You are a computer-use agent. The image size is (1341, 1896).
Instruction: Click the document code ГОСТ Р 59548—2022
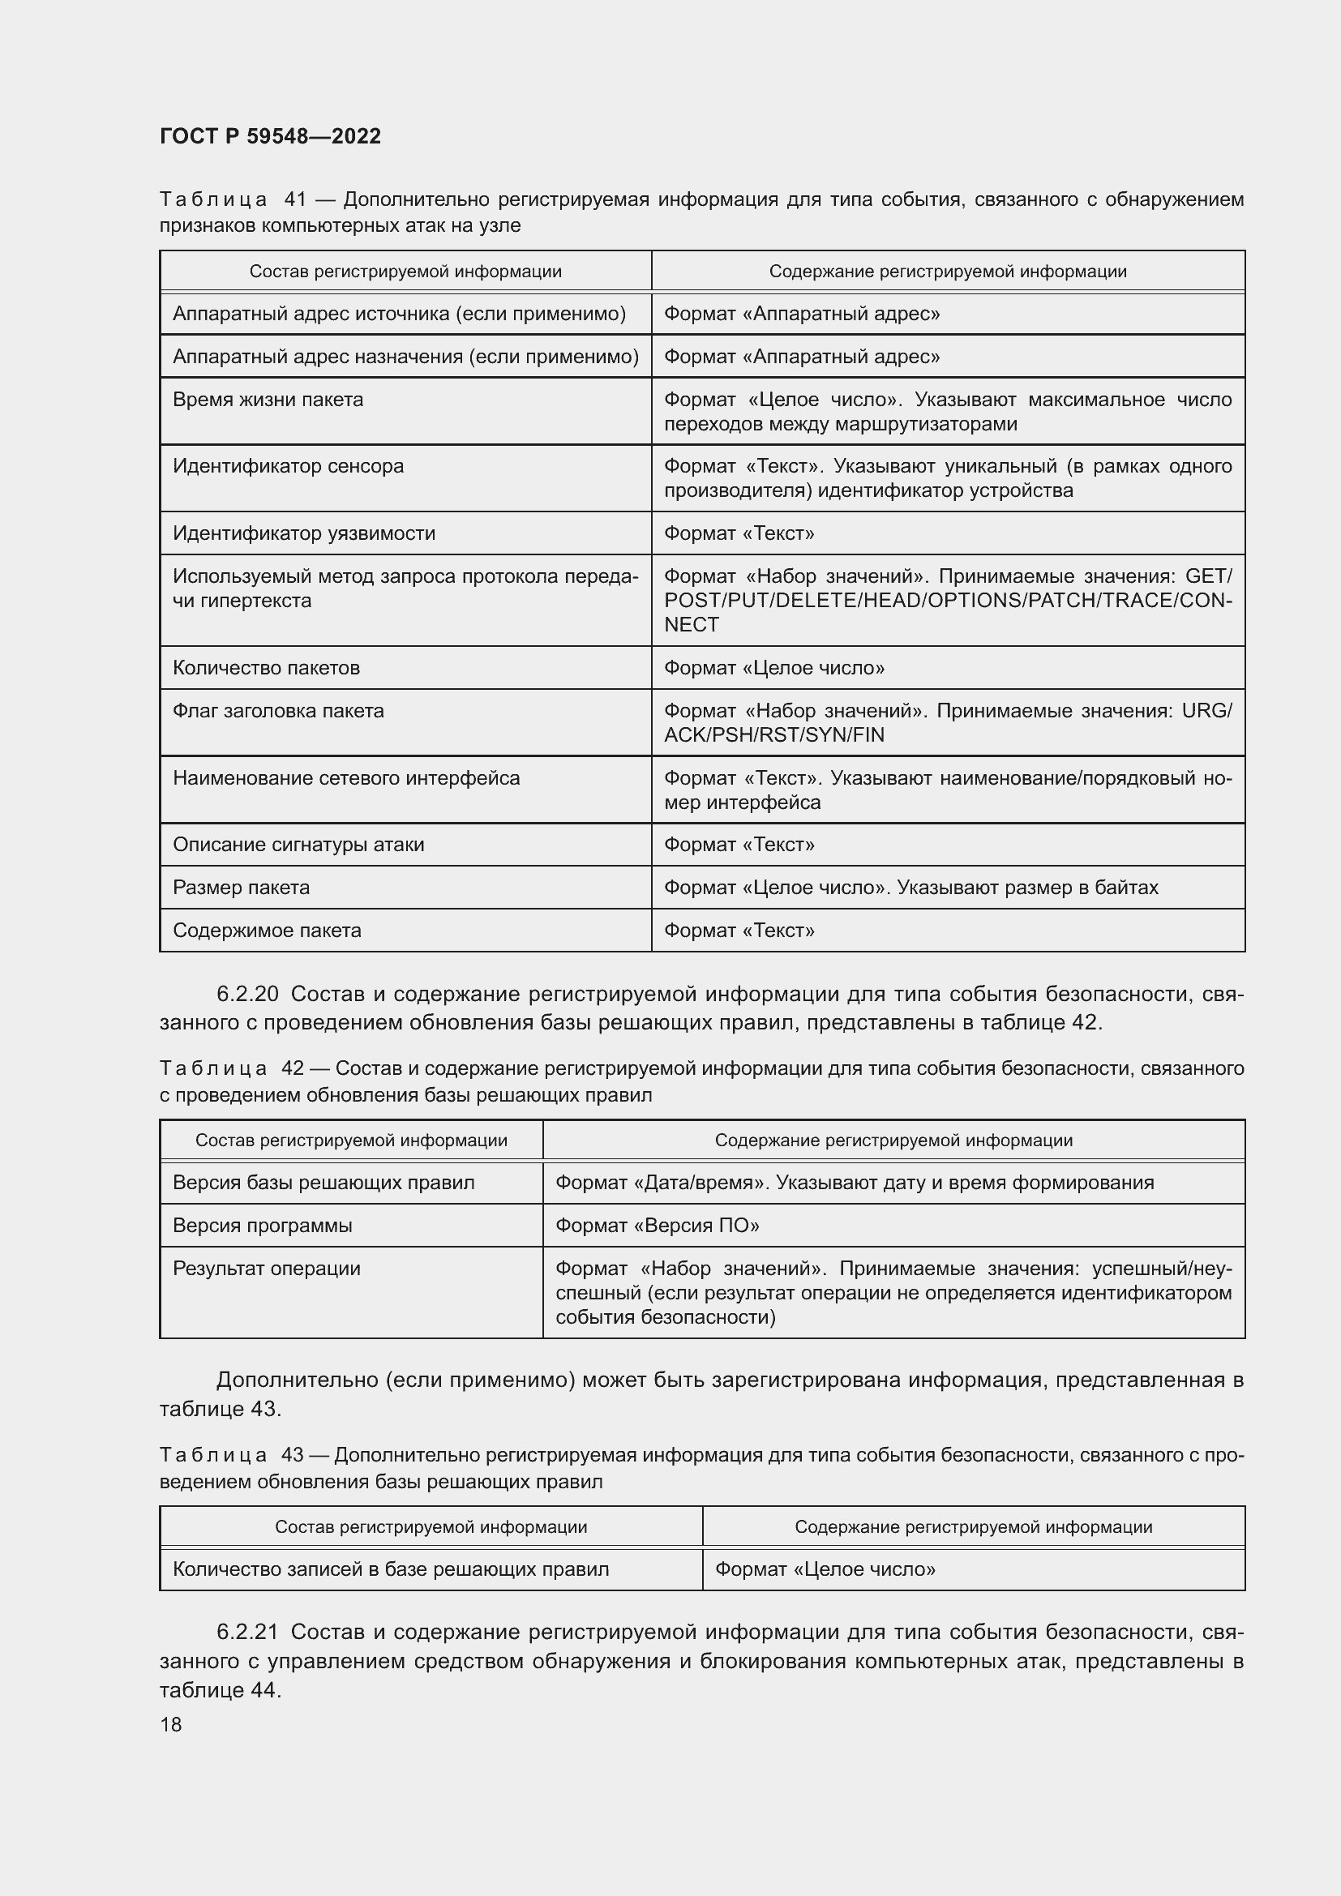270,136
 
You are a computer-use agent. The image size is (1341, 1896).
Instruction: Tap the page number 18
171,1724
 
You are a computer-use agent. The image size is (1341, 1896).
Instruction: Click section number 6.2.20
248,995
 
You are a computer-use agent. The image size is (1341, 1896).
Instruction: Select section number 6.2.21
248,1633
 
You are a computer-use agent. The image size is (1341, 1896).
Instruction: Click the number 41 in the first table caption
295,199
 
